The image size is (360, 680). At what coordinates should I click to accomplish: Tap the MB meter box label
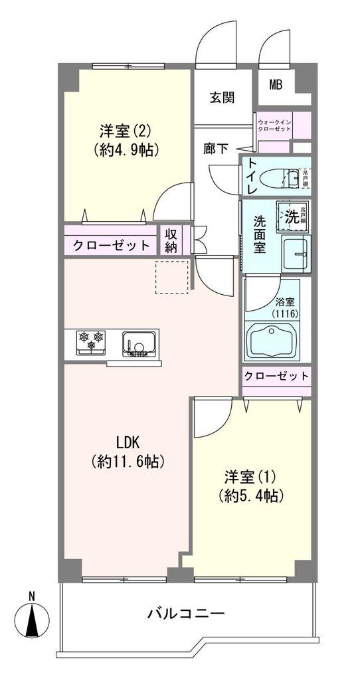click(276, 84)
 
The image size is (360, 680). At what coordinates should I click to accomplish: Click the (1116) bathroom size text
click(285, 313)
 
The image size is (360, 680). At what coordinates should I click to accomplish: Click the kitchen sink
click(140, 343)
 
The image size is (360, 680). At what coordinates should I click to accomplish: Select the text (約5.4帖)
click(250, 495)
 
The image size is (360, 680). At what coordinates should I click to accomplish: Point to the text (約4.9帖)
click(127, 149)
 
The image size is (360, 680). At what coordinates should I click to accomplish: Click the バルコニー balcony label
click(186, 613)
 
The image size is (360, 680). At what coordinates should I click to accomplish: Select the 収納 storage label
click(172, 240)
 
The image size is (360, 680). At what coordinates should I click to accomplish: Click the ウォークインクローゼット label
click(274, 125)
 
